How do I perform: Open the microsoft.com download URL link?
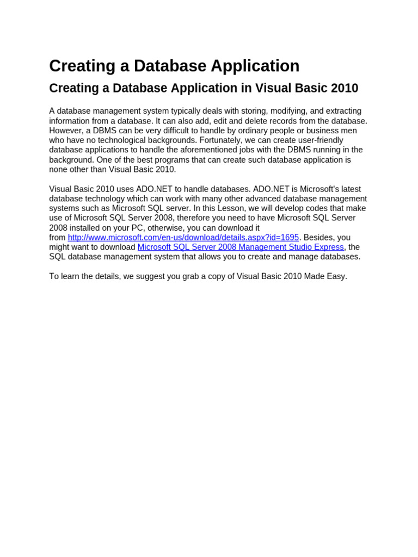[183, 238]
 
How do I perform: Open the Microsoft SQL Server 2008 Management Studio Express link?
[241, 247]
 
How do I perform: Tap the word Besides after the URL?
[320, 238]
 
